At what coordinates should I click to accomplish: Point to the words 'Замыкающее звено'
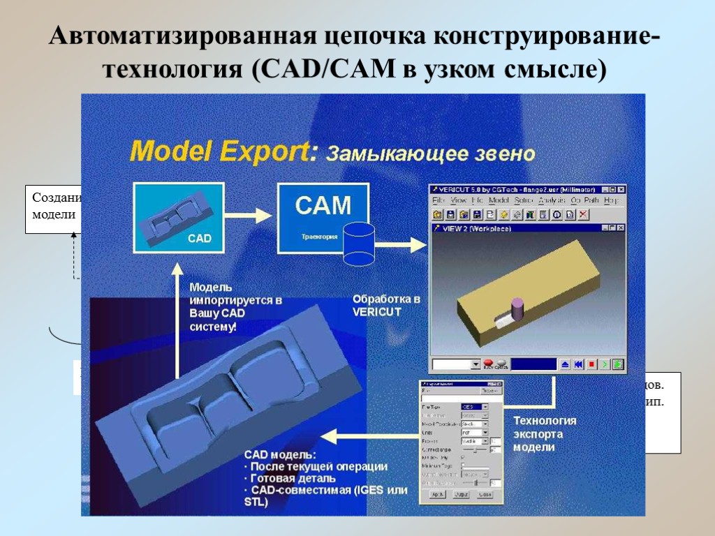coord(432,154)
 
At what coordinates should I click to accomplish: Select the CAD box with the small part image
coord(177,217)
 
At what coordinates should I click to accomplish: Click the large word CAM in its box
coord(323,205)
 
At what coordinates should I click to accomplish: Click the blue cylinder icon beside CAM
coord(359,244)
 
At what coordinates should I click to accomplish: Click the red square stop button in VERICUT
coord(591,364)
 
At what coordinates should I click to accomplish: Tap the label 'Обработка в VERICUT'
coord(386,305)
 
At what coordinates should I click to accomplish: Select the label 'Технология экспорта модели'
coord(545,433)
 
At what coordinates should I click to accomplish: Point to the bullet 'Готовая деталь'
coord(293,478)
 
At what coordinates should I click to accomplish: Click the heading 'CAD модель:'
coord(280,454)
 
